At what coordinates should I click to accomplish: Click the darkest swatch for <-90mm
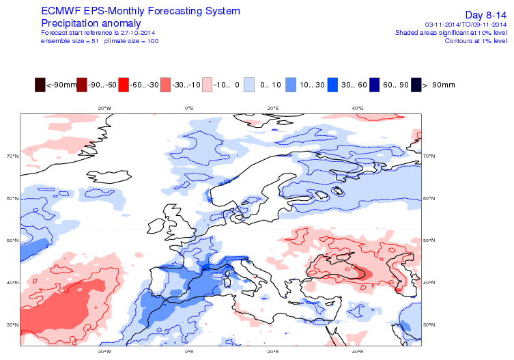[40, 85]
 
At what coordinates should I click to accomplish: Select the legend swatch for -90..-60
[82, 85]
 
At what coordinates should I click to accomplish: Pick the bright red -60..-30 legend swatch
[124, 85]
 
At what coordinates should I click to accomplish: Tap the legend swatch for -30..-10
[166, 85]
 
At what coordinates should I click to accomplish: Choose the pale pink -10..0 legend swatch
[208, 85]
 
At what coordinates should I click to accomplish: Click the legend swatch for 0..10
[249, 85]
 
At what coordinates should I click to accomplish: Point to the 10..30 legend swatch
[291, 85]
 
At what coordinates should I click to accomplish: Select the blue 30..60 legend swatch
[332, 85]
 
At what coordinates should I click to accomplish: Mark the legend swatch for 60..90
[374, 85]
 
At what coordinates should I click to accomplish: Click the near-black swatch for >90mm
[416, 85]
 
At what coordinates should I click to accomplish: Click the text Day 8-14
[486, 15]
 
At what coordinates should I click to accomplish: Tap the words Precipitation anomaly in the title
[91, 23]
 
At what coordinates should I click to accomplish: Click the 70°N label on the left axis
[13, 156]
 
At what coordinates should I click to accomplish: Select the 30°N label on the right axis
[429, 325]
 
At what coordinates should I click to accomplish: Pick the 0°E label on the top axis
[189, 109]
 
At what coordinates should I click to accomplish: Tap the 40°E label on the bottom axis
[358, 352]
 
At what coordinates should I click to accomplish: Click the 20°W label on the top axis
[104, 109]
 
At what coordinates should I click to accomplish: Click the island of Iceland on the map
[109, 176]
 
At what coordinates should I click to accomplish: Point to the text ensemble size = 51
[70, 41]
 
